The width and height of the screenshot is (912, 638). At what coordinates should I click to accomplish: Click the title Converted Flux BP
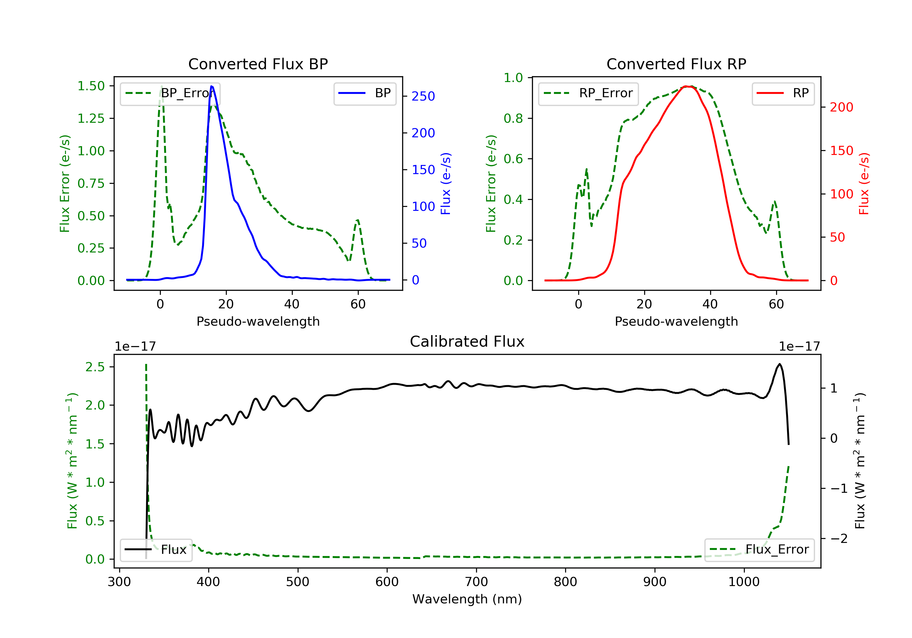(x=258, y=64)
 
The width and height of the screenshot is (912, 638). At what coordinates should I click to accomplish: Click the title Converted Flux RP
(x=676, y=64)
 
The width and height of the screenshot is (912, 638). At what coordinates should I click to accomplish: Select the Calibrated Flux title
(x=467, y=341)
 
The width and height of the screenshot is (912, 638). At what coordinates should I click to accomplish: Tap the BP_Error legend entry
(x=170, y=94)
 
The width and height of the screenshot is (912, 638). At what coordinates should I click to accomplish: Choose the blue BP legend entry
(x=364, y=93)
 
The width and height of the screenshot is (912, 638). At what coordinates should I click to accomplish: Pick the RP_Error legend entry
(x=588, y=94)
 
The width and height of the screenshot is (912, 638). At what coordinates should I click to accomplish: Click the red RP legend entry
(x=783, y=93)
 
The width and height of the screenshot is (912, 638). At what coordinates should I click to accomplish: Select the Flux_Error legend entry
(x=759, y=550)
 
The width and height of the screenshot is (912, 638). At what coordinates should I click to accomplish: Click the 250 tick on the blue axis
(x=423, y=96)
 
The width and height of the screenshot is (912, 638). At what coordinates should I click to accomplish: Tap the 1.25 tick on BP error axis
(x=91, y=118)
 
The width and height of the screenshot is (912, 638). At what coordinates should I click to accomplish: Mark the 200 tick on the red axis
(x=841, y=107)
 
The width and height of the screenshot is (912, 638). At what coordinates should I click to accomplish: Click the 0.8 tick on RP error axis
(x=513, y=118)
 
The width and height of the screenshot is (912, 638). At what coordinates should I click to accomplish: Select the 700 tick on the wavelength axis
(x=476, y=582)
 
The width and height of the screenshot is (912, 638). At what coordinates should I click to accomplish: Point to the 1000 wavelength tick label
(x=744, y=582)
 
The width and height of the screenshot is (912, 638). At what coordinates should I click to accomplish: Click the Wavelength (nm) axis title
(x=467, y=599)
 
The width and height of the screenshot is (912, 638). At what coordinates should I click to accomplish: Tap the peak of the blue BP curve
(x=211, y=86)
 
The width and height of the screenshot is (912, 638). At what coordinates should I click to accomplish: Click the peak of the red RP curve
(x=687, y=86)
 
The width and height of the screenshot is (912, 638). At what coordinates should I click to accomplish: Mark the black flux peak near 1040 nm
(x=780, y=364)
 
